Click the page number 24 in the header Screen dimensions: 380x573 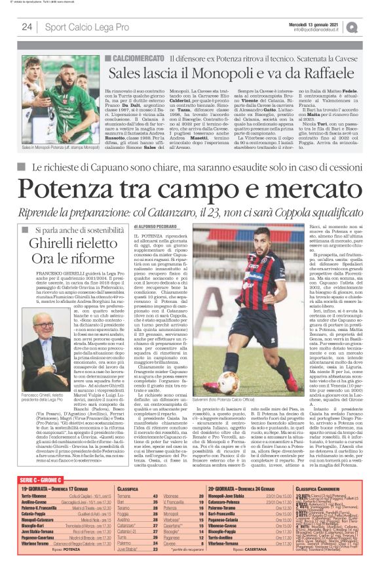tap(27, 27)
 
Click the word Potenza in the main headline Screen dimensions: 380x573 tap(77, 191)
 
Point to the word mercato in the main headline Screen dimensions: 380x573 tap(298, 191)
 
